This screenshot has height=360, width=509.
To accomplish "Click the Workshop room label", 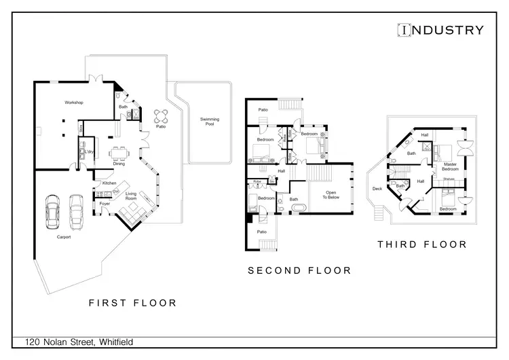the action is point(73,103).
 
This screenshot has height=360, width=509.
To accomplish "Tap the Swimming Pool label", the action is point(209,122).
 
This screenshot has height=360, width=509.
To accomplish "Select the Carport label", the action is point(64,237).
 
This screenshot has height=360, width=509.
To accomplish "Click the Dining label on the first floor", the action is point(119,163).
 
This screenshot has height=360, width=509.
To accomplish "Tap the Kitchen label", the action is point(110,183).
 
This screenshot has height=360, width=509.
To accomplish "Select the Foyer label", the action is point(105,203).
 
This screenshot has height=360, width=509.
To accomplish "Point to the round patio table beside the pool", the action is point(161,115).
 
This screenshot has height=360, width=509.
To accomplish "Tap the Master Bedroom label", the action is point(451,166).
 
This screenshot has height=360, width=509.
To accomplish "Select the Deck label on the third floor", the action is point(377,190).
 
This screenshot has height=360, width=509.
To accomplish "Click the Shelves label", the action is point(449,179).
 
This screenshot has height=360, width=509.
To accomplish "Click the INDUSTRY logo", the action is point(440,30).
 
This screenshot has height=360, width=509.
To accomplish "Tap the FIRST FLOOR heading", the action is point(133,303).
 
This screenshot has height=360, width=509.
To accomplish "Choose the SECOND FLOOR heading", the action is point(299,270).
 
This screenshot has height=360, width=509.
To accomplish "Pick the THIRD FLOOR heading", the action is point(422,245).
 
